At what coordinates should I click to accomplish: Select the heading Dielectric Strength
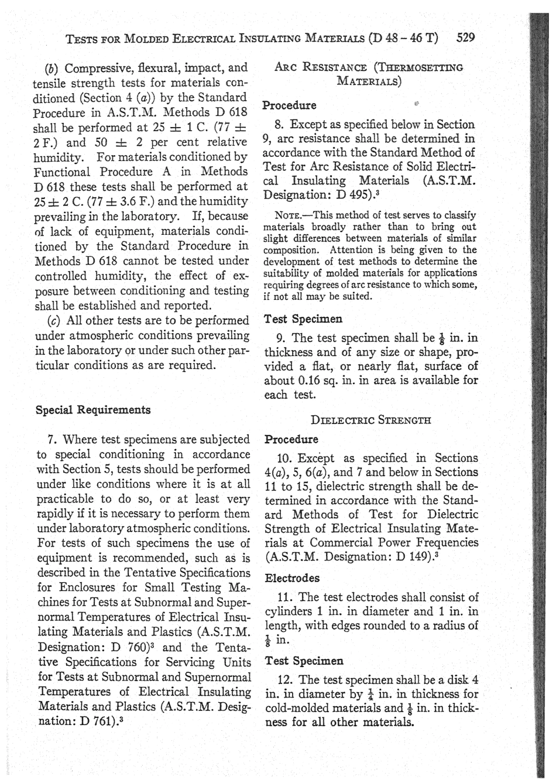(372, 419)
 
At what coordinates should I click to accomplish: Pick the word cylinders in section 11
(288, 612)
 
